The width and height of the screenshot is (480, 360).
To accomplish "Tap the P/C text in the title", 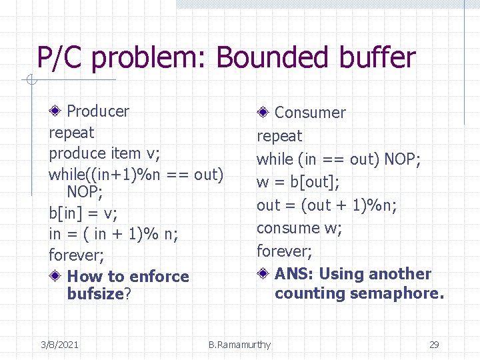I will (59, 58).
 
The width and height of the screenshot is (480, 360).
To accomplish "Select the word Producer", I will (98, 111).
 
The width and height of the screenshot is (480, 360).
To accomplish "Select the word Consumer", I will (310, 113).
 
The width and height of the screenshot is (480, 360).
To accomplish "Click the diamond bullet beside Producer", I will (58, 111).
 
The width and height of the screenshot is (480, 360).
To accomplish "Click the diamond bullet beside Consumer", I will (265, 112).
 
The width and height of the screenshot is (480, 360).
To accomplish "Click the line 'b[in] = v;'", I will (83, 214).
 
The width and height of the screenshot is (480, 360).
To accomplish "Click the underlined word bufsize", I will (95, 294).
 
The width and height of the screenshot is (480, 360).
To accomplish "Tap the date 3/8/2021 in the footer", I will (59, 345).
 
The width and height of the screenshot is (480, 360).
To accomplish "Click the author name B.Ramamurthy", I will (239, 345).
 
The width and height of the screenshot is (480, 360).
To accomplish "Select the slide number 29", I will (434, 345).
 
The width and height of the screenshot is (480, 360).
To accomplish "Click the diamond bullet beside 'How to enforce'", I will (58, 276).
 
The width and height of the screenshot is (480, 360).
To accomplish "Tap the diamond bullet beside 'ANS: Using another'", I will (265, 273).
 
